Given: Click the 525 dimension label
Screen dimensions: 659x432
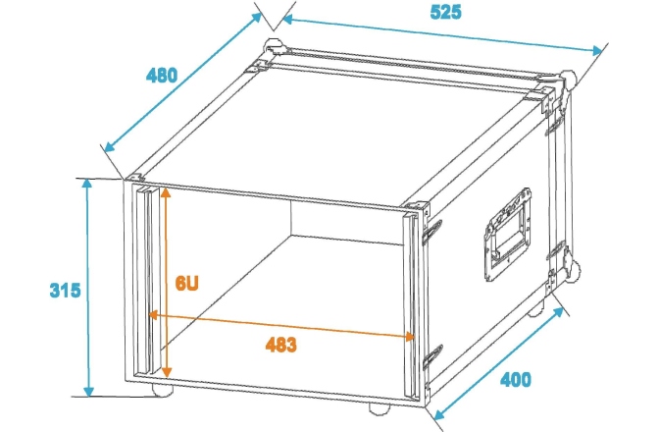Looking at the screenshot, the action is click(x=445, y=12).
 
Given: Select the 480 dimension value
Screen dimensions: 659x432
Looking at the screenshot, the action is click(x=162, y=76).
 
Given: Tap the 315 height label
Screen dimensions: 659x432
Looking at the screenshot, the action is click(x=65, y=291).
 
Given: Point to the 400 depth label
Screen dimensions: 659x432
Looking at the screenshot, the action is click(x=516, y=379).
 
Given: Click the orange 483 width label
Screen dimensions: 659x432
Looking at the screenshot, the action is click(x=281, y=345).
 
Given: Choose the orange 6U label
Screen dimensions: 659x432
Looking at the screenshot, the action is click(x=186, y=283).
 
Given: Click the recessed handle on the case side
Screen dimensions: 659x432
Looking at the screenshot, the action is click(x=508, y=234).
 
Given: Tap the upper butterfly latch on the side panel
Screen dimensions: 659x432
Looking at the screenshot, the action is click(x=431, y=232).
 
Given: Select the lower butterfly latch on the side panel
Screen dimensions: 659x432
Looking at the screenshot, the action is click(x=432, y=356).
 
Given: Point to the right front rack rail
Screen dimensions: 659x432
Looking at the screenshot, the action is click(x=411, y=305).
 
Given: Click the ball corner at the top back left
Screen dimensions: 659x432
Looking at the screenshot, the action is click(x=274, y=46).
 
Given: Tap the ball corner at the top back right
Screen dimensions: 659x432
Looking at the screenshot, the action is click(x=568, y=80).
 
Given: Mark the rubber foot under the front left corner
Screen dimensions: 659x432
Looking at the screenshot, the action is click(x=162, y=391).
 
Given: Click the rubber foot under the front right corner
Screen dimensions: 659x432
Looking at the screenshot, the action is click(x=380, y=408).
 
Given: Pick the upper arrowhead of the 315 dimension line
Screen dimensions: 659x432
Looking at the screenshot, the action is click(x=87, y=184).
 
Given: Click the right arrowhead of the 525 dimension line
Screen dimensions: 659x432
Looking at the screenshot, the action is click(x=597, y=51).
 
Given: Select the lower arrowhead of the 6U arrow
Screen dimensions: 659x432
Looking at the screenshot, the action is click(x=167, y=372).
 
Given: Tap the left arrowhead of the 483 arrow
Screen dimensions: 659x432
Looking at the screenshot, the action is click(x=153, y=314).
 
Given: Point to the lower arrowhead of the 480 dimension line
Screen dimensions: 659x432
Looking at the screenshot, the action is click(x=109, y=146).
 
